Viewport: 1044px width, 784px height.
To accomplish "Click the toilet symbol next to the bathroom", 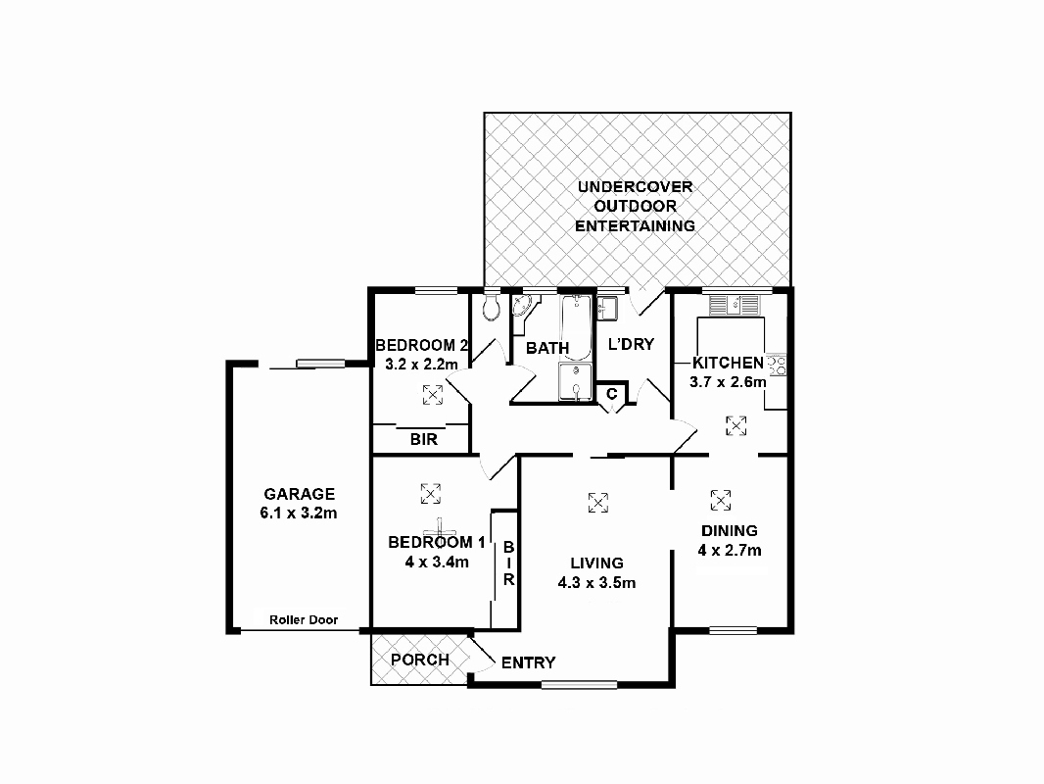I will coord(493,308).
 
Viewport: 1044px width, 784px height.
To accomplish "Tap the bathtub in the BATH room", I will coord(577,327).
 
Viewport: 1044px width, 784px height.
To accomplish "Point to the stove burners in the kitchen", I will coord(779,366).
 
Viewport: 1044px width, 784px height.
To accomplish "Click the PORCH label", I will coord(420,660).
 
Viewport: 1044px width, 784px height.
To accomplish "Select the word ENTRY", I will coord(529,663).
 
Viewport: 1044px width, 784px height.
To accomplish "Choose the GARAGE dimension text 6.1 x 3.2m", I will coord(299,513).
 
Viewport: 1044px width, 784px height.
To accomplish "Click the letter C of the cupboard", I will coord(612,394).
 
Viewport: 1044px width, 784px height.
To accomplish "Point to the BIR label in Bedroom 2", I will coord(424,440).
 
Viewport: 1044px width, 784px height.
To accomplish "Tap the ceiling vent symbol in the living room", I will coord(596,502).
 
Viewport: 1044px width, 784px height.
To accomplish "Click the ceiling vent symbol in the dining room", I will coord(721,500).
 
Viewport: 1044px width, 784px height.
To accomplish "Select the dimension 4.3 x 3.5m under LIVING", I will coord(597,583).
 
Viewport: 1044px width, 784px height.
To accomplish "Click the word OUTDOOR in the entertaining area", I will coord(635,206).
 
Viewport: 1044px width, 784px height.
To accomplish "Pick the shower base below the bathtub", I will coord(576,382).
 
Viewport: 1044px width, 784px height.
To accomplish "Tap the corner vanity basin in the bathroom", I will coord(520,307).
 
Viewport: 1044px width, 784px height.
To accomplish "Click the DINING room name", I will coord(729,531).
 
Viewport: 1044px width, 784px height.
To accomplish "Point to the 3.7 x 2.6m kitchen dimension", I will coord(729,382).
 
